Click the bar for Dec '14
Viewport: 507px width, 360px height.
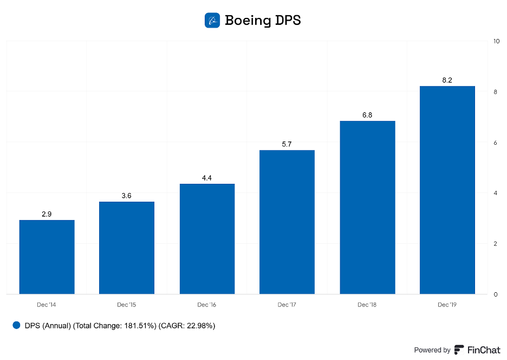tap(47, 257)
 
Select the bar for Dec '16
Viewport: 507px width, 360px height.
tap(207, 239)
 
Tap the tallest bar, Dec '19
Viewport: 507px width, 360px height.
tap(447, 190)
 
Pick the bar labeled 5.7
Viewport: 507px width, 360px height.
tap(287, 222)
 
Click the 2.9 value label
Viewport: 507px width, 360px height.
tap(47, 214)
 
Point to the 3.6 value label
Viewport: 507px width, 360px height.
tap(127, 196)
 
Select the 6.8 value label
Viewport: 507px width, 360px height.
tap(367, 115)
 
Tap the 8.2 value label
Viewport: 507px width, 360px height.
tap(447, 80)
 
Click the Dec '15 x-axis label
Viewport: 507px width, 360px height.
tap(127, 305)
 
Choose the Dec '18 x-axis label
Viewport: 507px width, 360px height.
tap(367, 305)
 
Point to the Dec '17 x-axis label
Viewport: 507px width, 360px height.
tap(287, 305)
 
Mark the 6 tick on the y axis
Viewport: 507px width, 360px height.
tap(495, 143)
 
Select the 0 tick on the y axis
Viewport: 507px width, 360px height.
tap(495, 294)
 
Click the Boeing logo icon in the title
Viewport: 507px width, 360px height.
tap(212, 21)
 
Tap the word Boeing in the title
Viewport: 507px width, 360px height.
tap(248, 21)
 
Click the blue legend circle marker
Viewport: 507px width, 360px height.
tap(16, 325)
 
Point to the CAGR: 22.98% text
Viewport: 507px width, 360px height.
tap(187, 326)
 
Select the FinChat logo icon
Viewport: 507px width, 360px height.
tap(459, 350)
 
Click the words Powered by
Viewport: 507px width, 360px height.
tap(432, 350)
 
